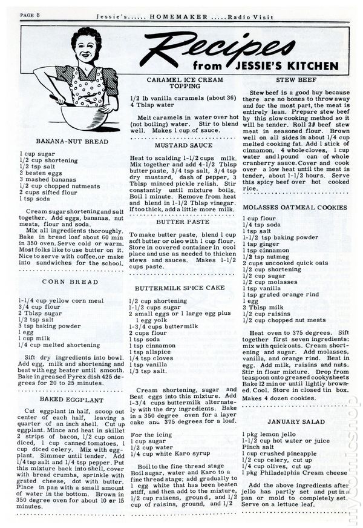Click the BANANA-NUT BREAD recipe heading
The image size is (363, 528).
(x=72, y=142)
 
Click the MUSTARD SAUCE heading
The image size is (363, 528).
(x=181, y=146)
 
